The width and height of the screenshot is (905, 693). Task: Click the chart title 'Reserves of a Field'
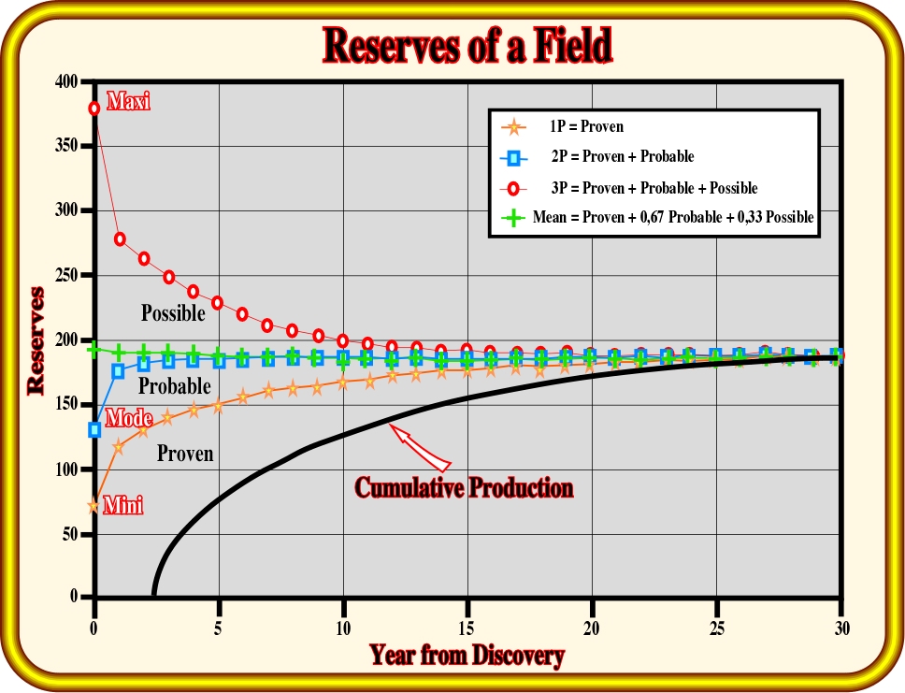tap(467, 45)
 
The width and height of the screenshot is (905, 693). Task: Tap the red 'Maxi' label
tap(128, 101)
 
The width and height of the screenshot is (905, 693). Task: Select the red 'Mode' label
tap(129, 417)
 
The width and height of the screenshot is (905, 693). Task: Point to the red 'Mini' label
tap(122, 505)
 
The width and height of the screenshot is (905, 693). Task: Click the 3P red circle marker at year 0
tap(94, 108)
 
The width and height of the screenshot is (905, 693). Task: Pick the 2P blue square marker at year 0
tap(94, 429)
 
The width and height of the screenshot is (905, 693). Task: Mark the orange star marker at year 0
tap(93, 507)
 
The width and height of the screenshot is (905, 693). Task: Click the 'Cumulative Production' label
tap(464, 488)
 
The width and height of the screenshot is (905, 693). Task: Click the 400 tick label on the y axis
tap(66, 81)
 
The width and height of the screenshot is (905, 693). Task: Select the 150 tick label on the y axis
tap(66, 404)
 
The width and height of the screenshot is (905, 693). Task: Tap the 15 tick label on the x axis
tap(467, 628)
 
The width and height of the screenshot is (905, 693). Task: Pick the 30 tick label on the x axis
tap(841, 628)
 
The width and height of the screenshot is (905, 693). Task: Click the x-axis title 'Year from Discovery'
tap(467, 655)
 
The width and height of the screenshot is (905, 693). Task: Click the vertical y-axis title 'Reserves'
tap(36, 340)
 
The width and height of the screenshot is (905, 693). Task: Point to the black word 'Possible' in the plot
tap(173, 313)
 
